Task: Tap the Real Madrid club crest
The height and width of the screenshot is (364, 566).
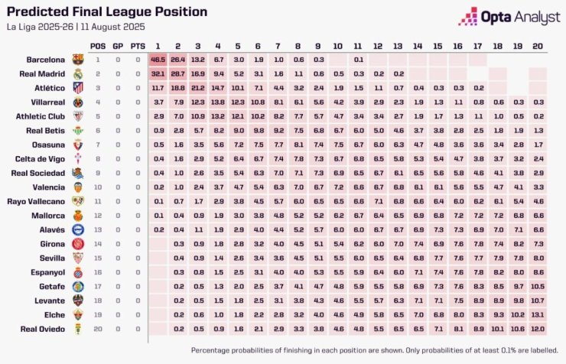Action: (77, 73)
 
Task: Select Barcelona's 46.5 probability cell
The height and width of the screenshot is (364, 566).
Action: (158, 59)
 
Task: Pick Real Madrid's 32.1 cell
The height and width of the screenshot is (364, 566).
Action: (158, 73)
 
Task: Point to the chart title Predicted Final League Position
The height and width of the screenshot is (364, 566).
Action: (106, 12)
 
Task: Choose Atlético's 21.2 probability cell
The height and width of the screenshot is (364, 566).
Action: (198, 87)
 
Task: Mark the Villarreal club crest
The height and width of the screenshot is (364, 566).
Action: (77, 102)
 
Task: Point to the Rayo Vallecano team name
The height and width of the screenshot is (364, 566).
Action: (39, 201)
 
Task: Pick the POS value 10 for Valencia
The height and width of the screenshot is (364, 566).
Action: (98, 187)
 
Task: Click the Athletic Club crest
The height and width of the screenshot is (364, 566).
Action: (77, 116)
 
